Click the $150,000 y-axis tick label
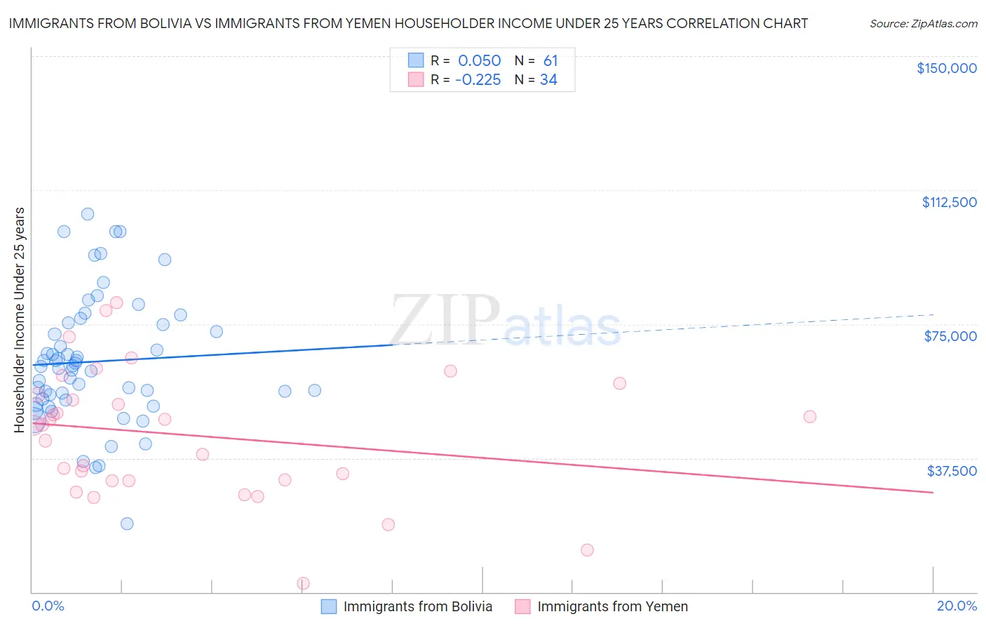point(946,68)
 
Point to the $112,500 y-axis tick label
point(949,202)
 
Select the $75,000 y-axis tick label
point(950,336)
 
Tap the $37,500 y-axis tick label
point(952,471)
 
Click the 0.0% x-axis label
point(48,606)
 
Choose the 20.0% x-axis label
point(957,606)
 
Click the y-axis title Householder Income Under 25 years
point(20,319)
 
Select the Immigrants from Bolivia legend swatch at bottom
point(329,606)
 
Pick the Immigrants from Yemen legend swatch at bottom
point(522,606)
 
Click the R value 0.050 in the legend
point(479,61)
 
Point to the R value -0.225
point(478,80)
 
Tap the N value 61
point(551,61)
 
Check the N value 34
point(548,80)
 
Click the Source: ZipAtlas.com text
point(923,24)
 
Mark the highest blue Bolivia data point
point(88,214)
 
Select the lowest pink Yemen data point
point(304,583)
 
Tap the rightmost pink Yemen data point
point(810,417)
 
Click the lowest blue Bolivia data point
point(127,524)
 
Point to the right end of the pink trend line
point(933,493)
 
